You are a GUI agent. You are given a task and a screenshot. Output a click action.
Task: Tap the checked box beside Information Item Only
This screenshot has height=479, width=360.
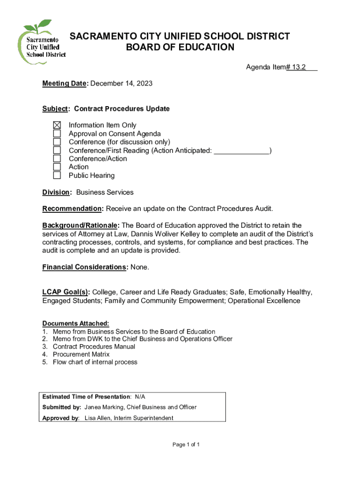(57, 125)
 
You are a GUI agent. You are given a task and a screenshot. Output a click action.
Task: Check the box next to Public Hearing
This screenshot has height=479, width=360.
(57, 175)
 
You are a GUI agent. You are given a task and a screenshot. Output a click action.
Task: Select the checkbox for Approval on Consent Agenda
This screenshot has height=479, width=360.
(57, 134)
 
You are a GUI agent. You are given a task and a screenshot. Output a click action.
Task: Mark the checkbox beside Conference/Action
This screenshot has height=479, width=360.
(57, 159)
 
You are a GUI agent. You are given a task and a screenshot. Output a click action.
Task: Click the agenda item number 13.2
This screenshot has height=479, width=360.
(296, 67)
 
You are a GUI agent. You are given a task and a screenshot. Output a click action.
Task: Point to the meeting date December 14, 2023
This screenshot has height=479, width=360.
(121, 83)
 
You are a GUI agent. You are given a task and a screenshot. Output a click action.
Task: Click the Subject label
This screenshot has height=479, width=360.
(55, 109)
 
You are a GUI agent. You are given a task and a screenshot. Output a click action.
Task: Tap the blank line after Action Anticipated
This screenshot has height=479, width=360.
(241, 151)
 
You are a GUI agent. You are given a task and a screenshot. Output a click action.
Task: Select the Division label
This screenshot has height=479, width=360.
(56, 192)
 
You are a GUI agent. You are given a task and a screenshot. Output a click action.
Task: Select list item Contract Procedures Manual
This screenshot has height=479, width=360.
(94, 347)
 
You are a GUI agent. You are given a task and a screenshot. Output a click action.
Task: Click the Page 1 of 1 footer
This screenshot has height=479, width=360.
(186, 444)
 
